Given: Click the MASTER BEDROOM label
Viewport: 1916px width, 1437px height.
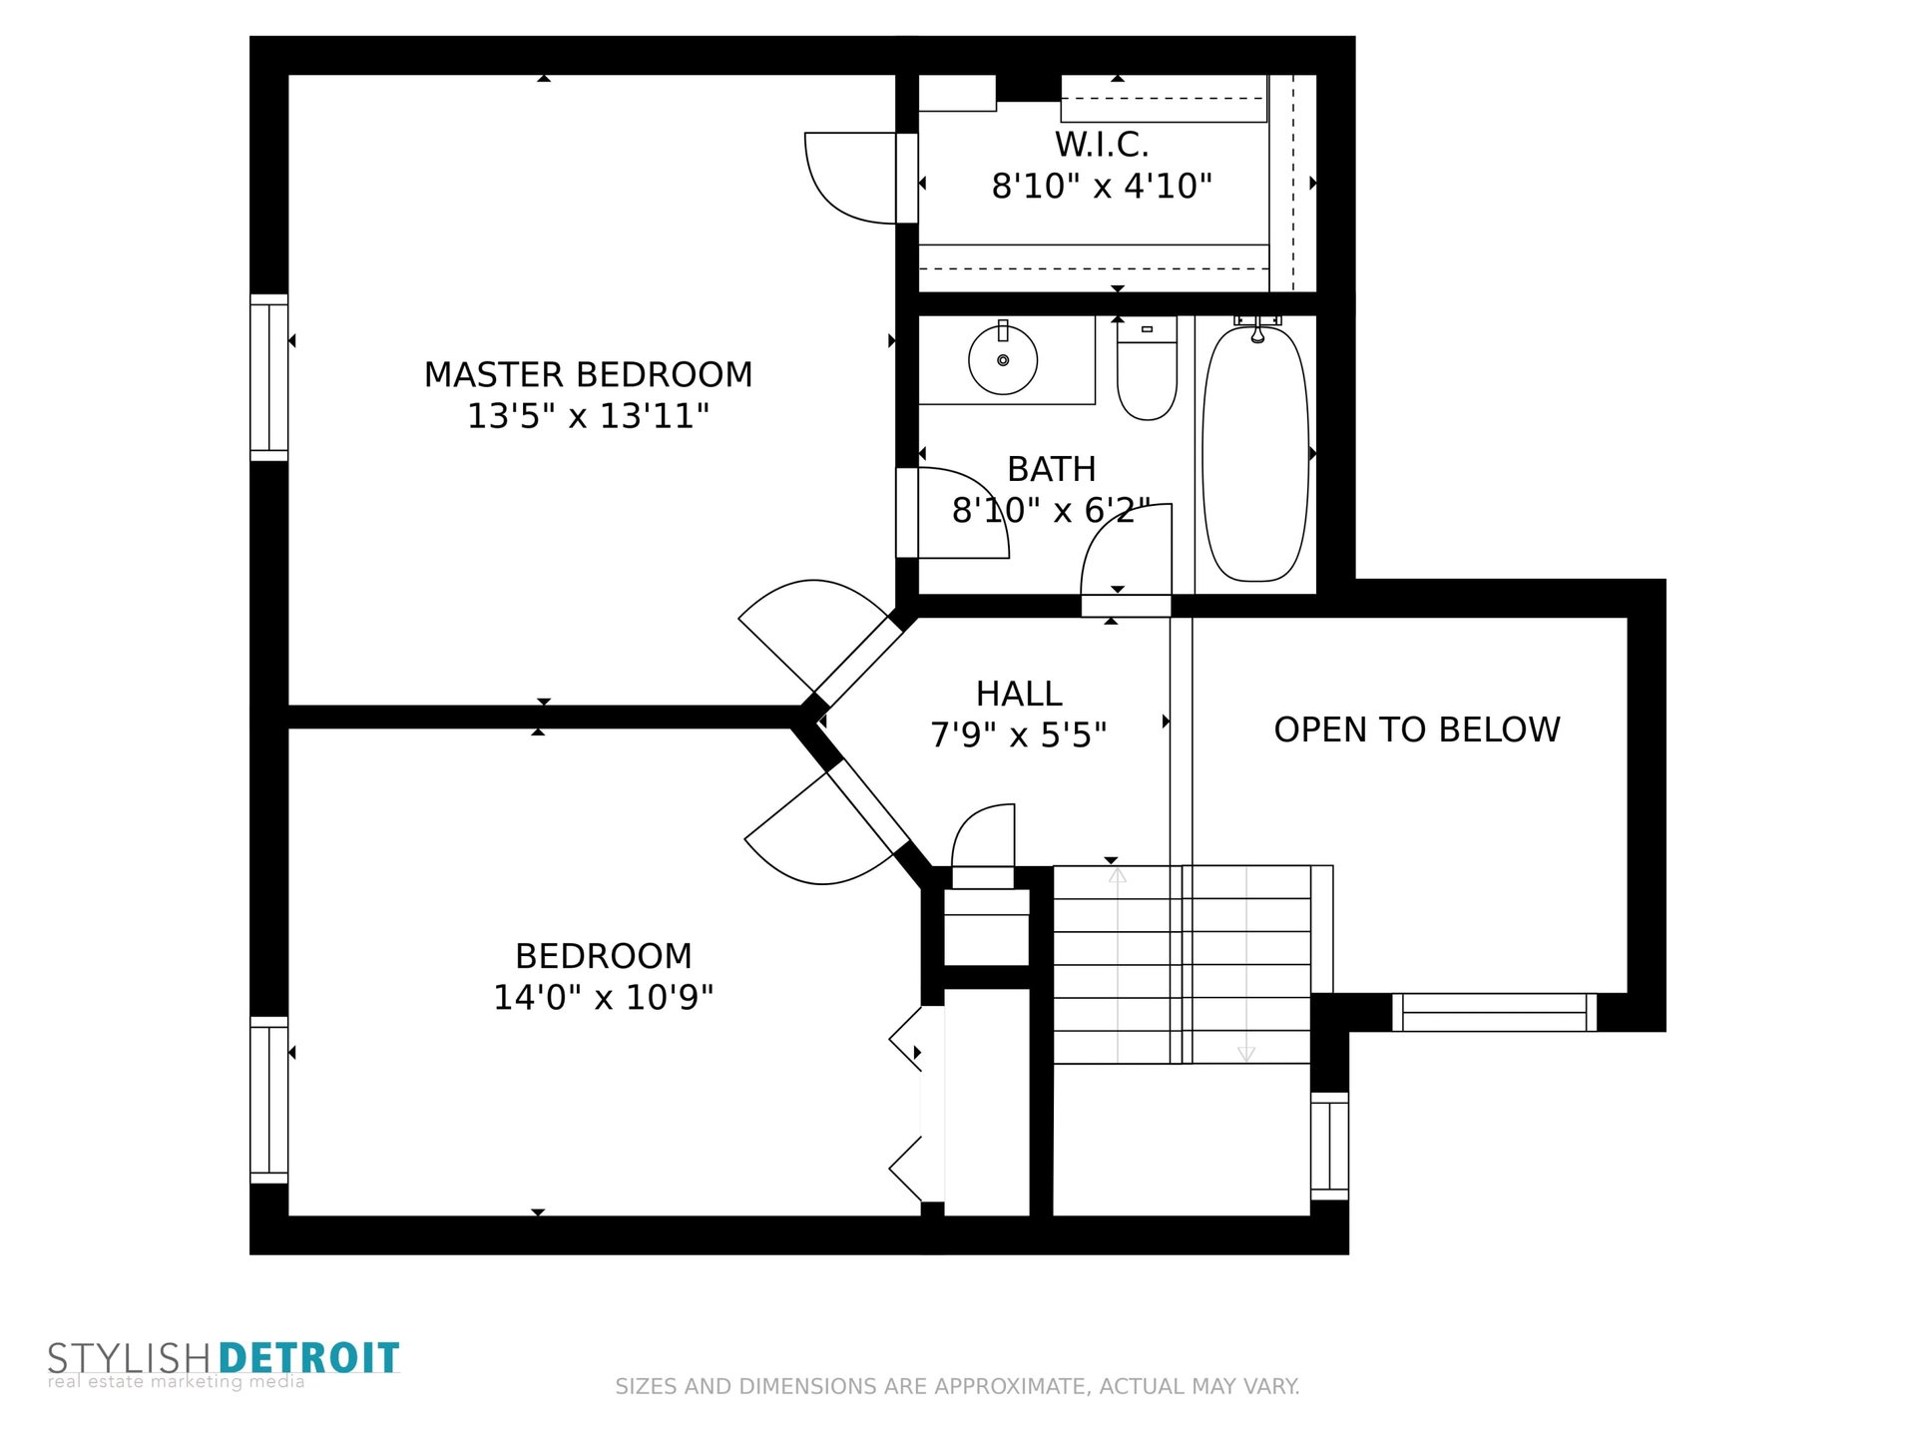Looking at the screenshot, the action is pos(588,375).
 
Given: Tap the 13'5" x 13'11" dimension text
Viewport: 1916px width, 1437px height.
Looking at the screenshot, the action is pos(588,416).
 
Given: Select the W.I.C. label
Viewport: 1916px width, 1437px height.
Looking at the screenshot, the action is pos(1102,145).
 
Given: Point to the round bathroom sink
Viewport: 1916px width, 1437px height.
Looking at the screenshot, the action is pos(1003,359).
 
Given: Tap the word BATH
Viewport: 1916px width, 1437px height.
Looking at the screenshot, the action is pos(1051,469).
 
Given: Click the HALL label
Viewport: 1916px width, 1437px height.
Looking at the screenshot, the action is pos(1018,694).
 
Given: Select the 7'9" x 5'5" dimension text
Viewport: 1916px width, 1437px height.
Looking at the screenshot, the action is pos(1018,735).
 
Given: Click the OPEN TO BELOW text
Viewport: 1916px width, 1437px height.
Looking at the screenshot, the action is pos(1417,729).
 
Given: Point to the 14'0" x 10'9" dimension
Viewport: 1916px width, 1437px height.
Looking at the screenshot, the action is pos(604,997).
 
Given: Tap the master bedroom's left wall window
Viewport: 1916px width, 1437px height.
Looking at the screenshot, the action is pos(268,378).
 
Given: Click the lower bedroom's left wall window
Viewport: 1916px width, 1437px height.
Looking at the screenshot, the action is pos(268,1100).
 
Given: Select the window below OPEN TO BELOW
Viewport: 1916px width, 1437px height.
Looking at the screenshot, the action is pos(1494,1012).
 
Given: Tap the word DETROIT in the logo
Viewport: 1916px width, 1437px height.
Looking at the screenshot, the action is pos(308,1358).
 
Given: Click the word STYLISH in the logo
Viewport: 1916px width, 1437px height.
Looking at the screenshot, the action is pos(129,1358).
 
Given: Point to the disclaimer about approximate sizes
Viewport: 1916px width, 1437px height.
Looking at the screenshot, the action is pos(957,1386).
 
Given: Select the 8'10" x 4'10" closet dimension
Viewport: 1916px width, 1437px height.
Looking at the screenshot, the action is pos(1102,187).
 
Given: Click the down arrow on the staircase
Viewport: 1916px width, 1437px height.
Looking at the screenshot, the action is pos(1245,1053).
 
